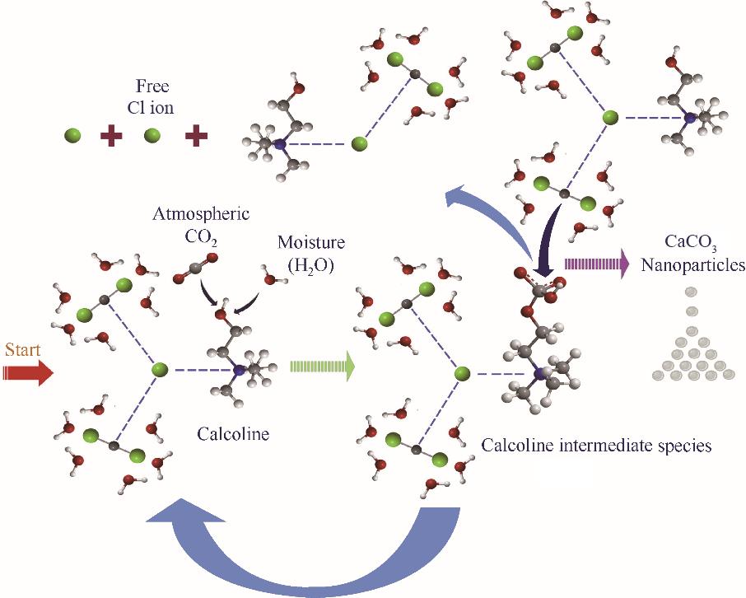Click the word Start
pyautogui.click(x=23, y=349)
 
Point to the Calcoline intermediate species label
pyautogui.click(x=596, y=446)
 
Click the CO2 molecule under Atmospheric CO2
pyautogui.click(x=195, y=269)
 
